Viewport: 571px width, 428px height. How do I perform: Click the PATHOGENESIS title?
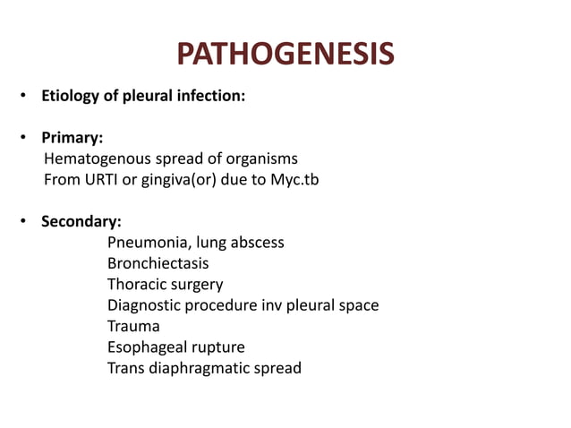coord(285,56)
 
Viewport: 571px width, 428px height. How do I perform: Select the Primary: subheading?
coord(72,139)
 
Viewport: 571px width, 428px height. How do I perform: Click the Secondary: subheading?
coord(81,221)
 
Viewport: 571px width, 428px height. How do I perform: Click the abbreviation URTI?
coord(99,179)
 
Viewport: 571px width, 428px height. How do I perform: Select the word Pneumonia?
coord(144,242)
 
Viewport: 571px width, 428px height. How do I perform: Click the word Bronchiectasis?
coord(158,263)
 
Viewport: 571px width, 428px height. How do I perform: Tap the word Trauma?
coord(133,326)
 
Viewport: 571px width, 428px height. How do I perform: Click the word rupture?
coord(216,347)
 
